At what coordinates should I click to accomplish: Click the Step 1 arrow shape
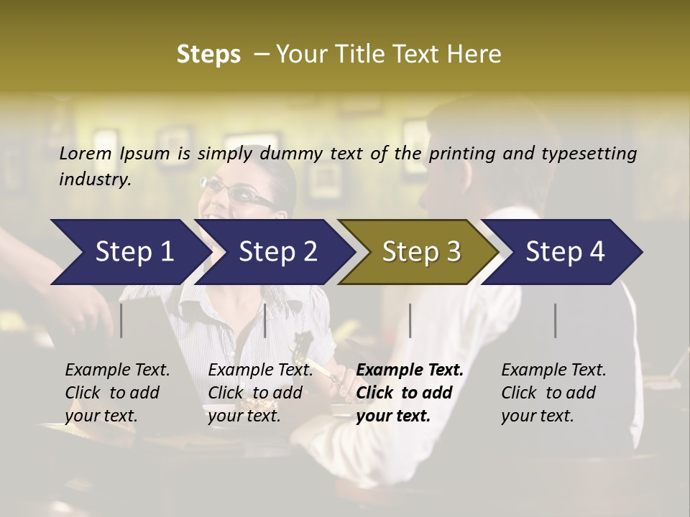pos(129,252)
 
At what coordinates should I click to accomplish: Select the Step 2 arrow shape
pos(277,252)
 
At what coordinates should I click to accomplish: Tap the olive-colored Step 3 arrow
pos(420,252)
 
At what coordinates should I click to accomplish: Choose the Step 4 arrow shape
pos(565,252)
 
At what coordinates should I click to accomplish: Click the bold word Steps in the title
pos(208,54)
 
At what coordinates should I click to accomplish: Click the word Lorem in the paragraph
pos(86,153)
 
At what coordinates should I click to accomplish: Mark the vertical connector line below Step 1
pos(121,320)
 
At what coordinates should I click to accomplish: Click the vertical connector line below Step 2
pos(265,320)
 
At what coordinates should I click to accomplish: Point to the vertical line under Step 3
pos(410,320)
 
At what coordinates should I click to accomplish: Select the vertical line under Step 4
pos(555,320)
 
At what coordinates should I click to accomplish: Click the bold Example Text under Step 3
pos(410,370)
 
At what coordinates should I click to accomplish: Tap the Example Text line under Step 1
pos(117,370)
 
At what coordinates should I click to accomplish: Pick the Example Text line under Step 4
pos(553,370)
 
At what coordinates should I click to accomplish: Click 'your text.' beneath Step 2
pos(244,416)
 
